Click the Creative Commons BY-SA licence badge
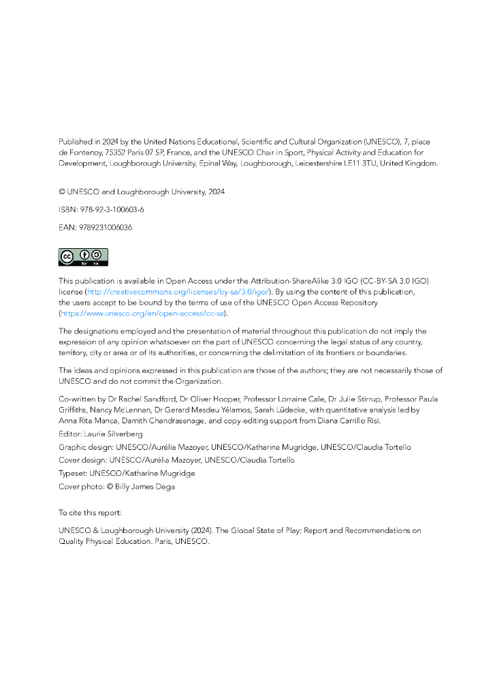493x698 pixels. coord(83,257)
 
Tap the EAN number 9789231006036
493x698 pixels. coord(105,228)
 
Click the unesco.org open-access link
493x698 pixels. coord(143,313)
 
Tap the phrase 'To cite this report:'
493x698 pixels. coord(90,511)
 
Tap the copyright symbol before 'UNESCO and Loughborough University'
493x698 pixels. coord(62,192)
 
